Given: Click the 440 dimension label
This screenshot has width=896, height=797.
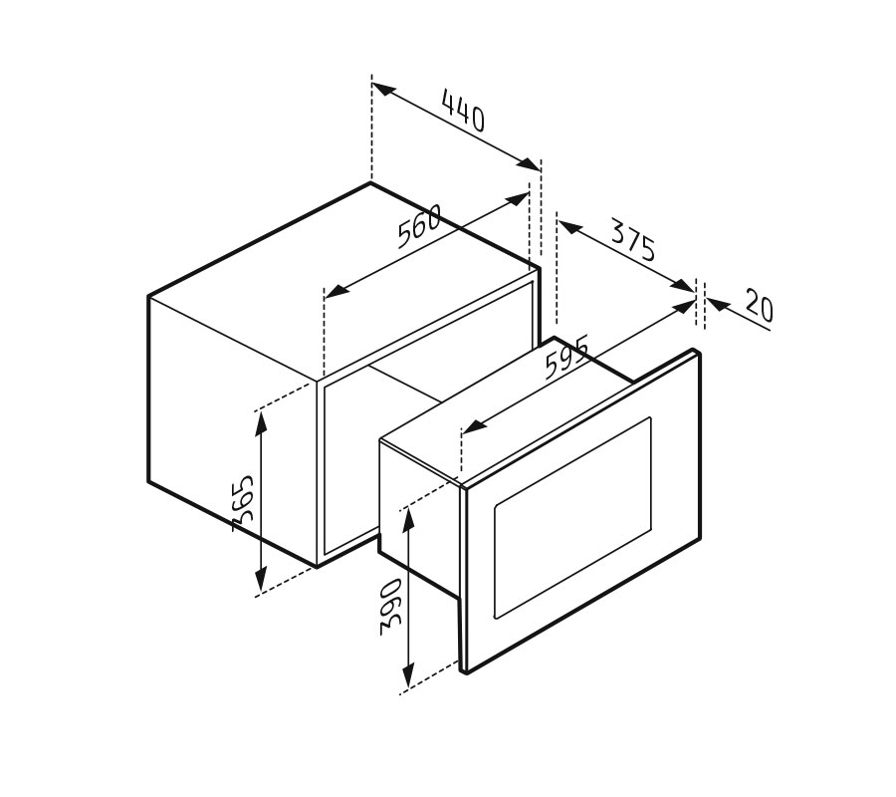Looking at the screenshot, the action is [x=463, y=111].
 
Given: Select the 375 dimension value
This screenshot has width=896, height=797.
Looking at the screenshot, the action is [x=632, y=239].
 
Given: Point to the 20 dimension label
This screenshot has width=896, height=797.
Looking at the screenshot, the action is [x=760, y=307].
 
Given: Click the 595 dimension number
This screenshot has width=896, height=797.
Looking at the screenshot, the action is [x=566, y=358].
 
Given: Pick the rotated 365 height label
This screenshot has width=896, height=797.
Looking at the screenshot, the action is [x=243, y=503].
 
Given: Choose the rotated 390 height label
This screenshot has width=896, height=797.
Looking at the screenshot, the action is [x=391, y=607].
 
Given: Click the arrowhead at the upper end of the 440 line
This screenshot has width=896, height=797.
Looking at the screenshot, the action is [x=384, y=90].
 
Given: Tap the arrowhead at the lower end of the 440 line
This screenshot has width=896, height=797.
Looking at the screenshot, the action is [x=528, y=163].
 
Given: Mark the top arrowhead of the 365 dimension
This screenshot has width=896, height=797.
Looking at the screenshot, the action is [x=261, y=423].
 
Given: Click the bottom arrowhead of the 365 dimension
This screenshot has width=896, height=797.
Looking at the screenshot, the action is [x=261, y=579].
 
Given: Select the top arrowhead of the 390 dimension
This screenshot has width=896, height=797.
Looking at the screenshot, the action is [x=408, y=521].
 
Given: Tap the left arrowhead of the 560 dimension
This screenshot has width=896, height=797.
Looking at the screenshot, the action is [x=337, y=290].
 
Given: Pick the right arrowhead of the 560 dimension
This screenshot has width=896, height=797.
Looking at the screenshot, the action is [x=517, y=199].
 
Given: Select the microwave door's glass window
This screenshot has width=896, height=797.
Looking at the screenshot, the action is [x=572, y=517].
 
